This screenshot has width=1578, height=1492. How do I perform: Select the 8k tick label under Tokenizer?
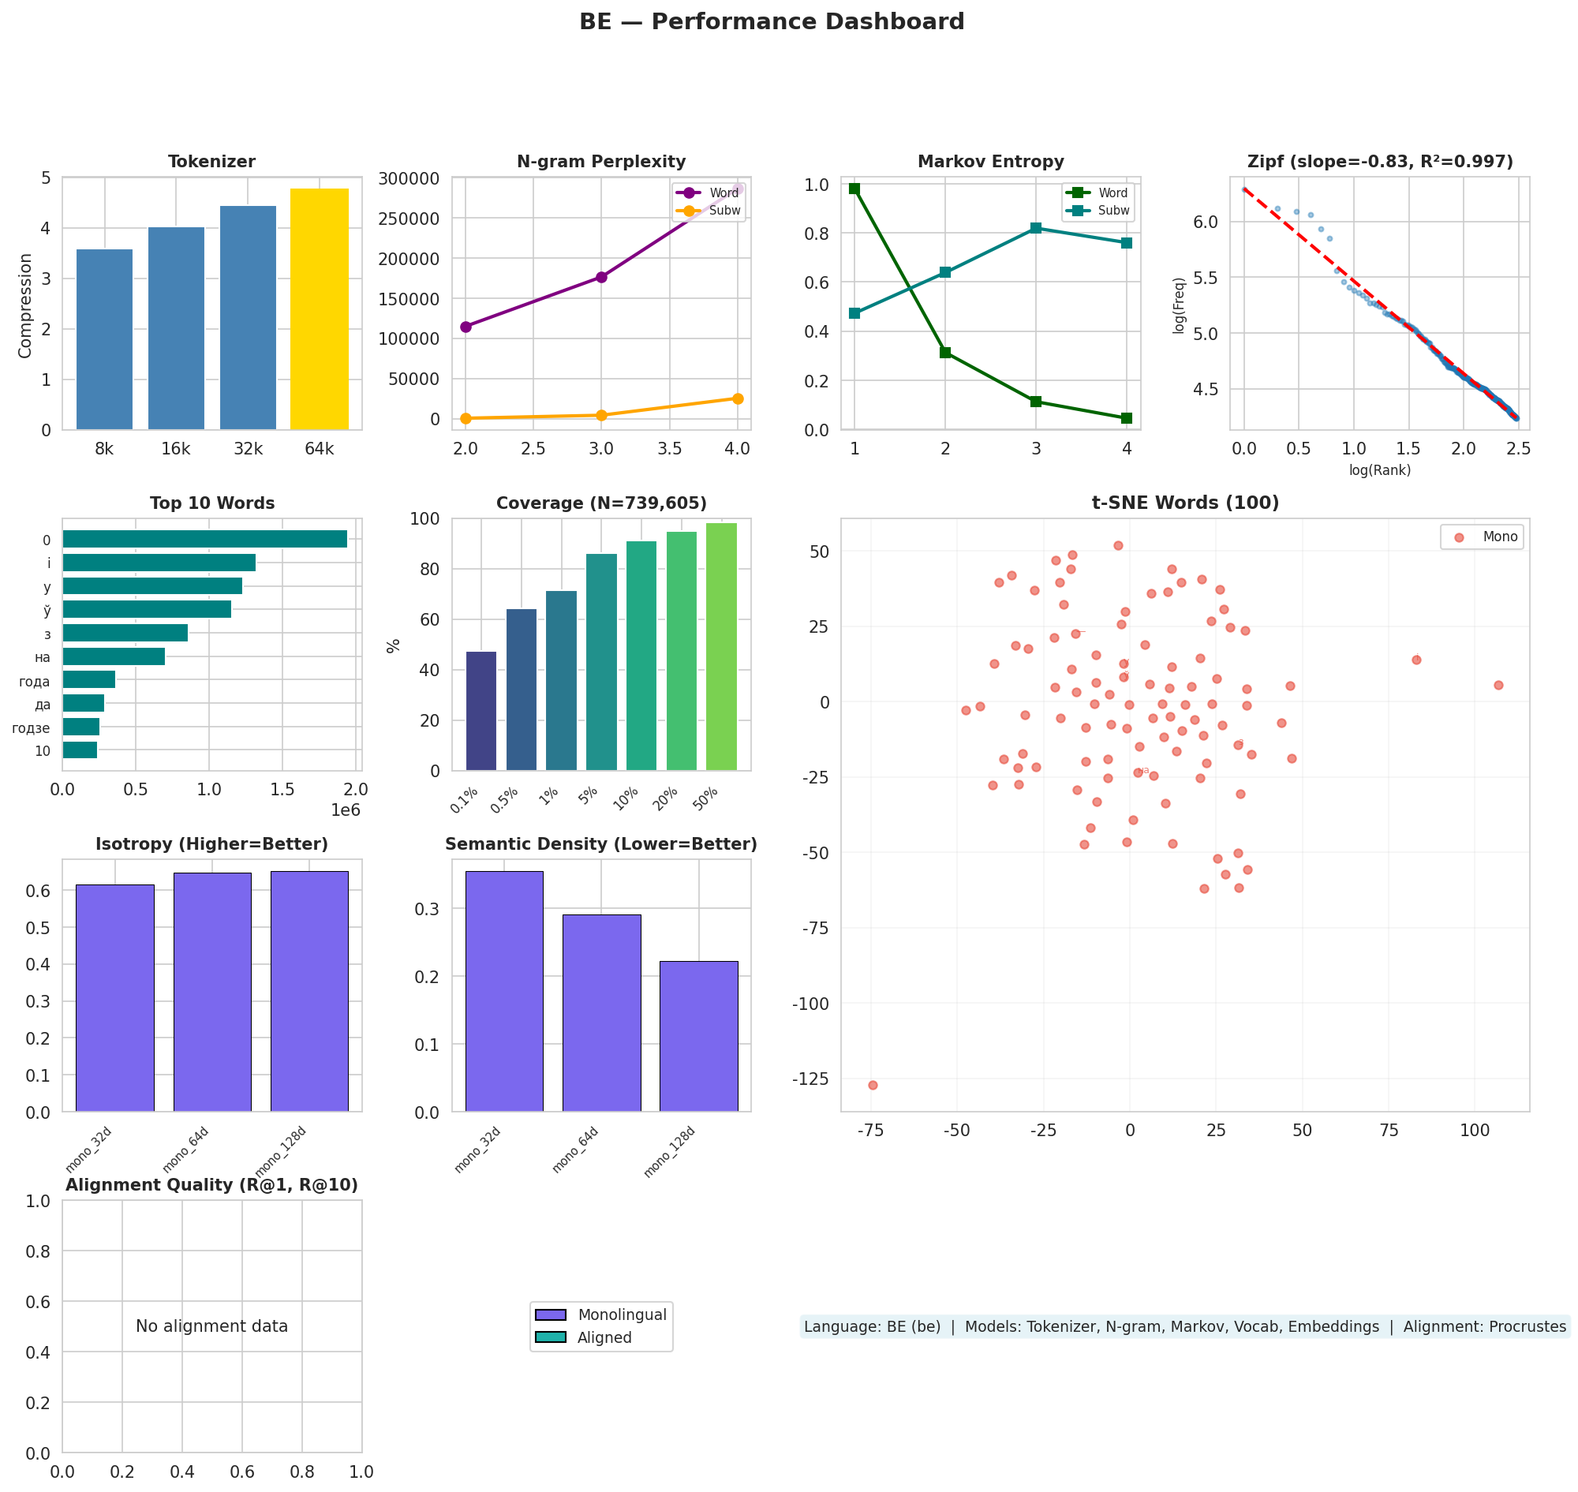104,450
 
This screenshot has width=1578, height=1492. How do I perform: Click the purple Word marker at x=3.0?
601,277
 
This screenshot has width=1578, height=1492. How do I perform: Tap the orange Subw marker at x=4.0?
737,398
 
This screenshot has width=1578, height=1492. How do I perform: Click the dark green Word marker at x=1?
854,189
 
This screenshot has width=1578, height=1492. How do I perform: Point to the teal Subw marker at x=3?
1035,228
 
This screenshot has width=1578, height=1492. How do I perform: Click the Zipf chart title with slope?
1380,163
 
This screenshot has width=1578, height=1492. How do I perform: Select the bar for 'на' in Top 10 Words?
114,657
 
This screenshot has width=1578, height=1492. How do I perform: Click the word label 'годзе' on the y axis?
31,728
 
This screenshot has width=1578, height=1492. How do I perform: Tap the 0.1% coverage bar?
481,711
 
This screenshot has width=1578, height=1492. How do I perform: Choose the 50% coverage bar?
721,647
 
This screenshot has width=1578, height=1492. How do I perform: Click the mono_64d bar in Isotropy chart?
212,992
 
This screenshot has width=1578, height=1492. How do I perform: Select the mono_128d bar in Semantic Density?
698,1036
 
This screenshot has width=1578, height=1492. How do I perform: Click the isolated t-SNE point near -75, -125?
873,1085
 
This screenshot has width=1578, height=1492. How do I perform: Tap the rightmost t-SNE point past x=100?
1498,685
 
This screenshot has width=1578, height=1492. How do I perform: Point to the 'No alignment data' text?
211,1326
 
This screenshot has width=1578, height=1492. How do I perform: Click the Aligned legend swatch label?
604,1337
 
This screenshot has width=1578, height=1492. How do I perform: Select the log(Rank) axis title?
1380,470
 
